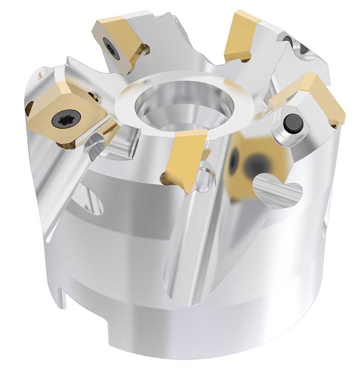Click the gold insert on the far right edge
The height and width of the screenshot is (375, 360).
325,97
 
